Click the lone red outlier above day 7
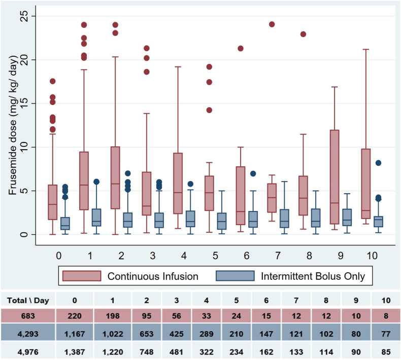pos(272,24)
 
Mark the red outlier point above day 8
pos(303,34)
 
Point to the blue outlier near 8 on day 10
pos(378,163)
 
